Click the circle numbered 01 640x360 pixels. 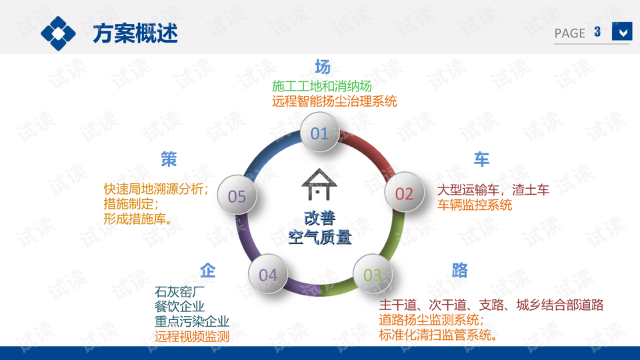319,132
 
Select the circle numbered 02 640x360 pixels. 404,193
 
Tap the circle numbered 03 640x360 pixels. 372,274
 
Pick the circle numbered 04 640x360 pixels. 268,274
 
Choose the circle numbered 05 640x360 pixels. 237,195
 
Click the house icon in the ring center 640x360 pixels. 319,184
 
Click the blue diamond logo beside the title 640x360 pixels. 58,33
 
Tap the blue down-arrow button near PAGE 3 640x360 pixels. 622,31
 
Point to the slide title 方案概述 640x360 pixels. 135,33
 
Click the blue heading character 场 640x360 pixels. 323,67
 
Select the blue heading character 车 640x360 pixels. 481,159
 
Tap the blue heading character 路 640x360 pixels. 459,270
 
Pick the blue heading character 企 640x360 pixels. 208,270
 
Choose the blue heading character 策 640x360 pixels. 169,159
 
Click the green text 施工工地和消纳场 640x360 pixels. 321,86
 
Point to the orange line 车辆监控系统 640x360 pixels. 474,205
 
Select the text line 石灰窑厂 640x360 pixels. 179,292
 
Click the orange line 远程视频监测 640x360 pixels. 192,336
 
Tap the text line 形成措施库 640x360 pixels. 138,219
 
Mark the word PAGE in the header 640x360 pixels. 570,33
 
